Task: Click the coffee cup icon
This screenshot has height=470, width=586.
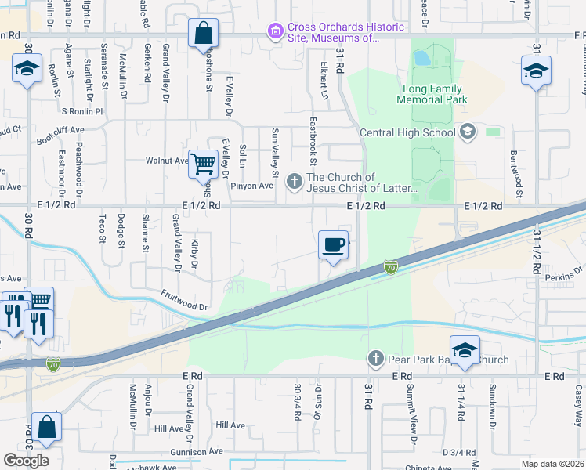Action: tap(333, 245)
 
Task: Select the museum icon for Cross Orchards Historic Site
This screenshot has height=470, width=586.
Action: tap(275, 32)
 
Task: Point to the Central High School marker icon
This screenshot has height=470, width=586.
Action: tap(468, 132)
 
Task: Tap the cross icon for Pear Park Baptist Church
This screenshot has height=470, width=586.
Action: tap(375, 360)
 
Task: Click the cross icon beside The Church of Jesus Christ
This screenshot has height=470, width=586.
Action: tap(295, 183)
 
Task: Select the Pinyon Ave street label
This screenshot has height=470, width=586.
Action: tap(251, 186)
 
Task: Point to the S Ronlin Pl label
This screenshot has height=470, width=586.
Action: tap(81, 111)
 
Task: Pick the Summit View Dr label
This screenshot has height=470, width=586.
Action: tap(410, 415)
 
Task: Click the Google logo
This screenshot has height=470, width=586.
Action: tap(26, 460)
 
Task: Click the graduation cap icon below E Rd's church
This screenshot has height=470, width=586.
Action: tap(465, 350)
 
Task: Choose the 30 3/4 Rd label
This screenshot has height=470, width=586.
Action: tap(298, 402)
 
